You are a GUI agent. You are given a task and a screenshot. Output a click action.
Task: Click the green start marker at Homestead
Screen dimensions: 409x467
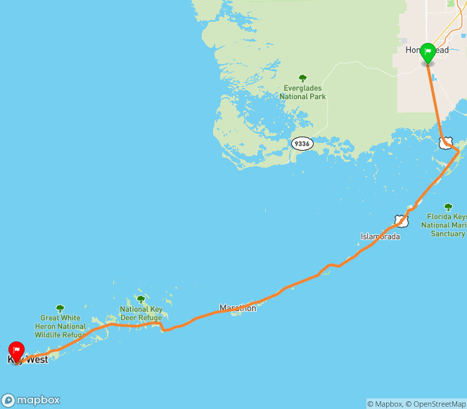(x=428, y=54)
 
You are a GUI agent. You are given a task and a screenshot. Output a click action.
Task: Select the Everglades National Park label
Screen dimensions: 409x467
(x=302, y=92)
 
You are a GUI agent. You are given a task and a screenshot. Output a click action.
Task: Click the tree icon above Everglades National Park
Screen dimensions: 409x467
(x=302, y=78)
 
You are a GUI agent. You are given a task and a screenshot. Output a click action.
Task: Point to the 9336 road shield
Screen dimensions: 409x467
(x=302, y=144)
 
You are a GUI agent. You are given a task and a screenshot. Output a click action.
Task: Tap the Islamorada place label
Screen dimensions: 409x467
(x=380, y=237)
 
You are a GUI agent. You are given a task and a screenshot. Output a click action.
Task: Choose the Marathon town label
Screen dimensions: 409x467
(x=238, y=308)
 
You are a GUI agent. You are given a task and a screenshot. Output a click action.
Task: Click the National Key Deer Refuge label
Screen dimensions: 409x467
(x=141, y=313)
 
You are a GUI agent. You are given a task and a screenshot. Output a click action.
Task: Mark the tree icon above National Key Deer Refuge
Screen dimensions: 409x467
(x=141, y=299)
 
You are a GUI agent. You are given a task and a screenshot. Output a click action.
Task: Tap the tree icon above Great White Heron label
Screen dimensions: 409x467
(x=60, y=308)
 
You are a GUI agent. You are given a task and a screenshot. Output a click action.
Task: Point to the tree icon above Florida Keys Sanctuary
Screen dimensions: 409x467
(x=448, y=207)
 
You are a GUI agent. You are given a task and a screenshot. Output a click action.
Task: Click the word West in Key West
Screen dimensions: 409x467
(x=37, y=360)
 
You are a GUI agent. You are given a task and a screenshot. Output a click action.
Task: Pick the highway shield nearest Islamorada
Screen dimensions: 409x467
(x=401, y=220)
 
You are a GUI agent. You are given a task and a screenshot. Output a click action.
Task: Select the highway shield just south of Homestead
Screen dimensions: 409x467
(x=444, y=143)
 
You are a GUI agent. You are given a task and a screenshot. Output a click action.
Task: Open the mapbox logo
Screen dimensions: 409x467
(x=31, y=399)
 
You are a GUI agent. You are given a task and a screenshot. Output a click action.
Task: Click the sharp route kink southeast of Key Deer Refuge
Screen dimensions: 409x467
(x=162, y=329)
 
